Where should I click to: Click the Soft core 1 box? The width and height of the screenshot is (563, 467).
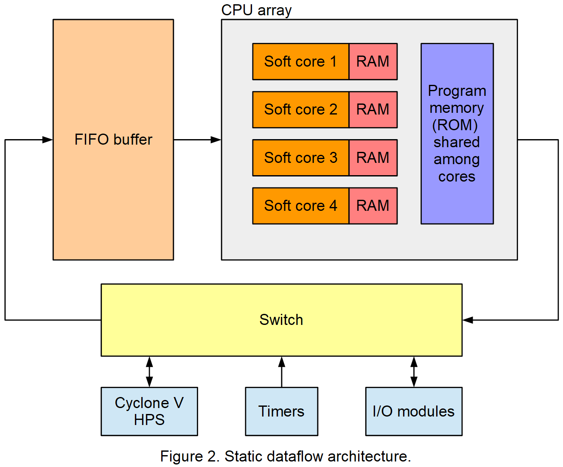[300, 62]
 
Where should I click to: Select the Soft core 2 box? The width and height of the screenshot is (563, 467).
[300, 109]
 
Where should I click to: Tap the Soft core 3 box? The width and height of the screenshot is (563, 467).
[300, 158]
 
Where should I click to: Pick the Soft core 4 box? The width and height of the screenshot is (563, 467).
[300, 206]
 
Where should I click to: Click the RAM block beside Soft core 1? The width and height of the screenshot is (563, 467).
[373, 62]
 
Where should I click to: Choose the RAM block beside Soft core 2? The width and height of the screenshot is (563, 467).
[373, 109]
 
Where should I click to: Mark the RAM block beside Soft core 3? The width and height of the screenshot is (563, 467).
[373, 158]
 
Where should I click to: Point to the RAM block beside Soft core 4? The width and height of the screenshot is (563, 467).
[373, 206]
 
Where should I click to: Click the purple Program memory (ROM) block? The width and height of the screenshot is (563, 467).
[457, 134]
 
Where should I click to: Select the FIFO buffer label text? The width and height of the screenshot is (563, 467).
[113, 140]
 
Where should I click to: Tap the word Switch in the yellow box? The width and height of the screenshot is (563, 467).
[281, 320]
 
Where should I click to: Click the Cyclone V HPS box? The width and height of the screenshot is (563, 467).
[149, 411]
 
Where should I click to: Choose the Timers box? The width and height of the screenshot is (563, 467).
[281, 411]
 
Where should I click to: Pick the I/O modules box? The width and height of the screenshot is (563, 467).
[414, 411]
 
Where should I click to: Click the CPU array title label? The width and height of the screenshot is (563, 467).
[256, 10]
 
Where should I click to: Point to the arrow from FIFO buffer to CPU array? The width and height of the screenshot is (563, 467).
[197, 140]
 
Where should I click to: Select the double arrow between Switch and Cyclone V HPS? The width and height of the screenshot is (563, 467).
[149, 372]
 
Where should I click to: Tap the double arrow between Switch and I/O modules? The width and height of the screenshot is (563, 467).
[414, 372]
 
